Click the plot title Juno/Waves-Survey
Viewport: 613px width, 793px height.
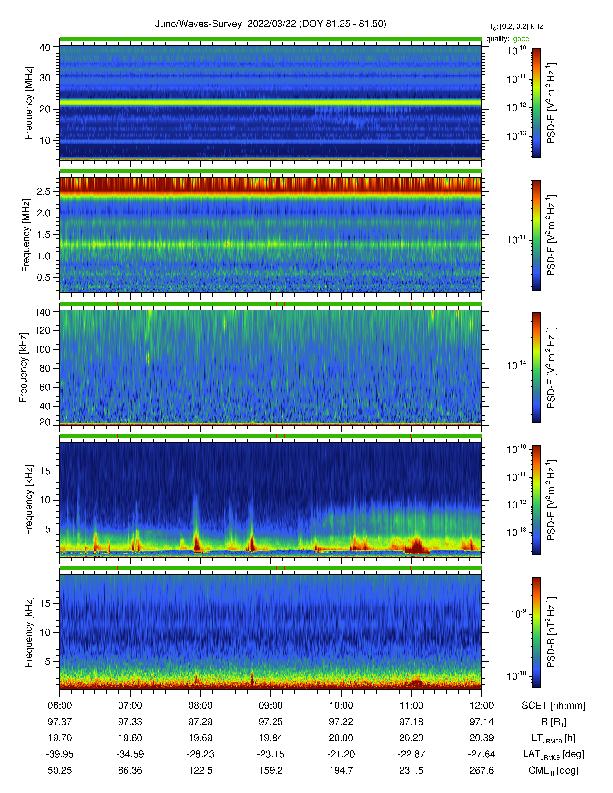tap(198, 24)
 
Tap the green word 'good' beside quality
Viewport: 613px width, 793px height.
tap(521, 39)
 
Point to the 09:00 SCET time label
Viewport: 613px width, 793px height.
tap(270, 706)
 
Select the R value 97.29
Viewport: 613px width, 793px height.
tap(200, 722)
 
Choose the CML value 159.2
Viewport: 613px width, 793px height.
tap(270, 770)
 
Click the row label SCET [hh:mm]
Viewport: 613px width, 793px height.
tap(553, 706)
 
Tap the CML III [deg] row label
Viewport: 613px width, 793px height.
tap(553, 770)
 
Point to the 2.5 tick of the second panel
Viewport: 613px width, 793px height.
tap(44, 192)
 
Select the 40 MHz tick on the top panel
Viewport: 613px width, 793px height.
tap(45, 48)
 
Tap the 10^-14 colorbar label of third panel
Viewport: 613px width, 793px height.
tap(516, 365)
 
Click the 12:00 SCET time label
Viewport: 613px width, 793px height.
tap(482, 706)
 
